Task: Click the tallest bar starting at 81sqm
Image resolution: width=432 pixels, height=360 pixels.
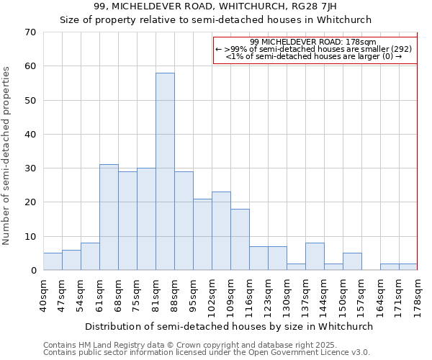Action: [x=165, y=171]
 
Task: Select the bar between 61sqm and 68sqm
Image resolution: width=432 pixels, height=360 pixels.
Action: [x=109, y=217]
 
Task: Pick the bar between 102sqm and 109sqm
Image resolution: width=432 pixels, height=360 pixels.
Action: [x=221, y=231]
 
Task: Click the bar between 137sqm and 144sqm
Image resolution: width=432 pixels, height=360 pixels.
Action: [x=315, y=256]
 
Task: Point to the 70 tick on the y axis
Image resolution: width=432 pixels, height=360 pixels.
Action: [x=30, y=32]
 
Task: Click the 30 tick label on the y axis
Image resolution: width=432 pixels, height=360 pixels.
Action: [x=30, y=168]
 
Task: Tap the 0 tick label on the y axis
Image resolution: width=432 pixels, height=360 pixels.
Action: [x=32, y=271]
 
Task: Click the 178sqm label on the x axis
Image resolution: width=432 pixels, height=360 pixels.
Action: [x=418, y=295]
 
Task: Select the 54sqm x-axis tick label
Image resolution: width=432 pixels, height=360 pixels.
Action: [x=81, y=293]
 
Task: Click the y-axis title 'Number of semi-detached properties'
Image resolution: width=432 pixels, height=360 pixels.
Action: [x=7, y=156]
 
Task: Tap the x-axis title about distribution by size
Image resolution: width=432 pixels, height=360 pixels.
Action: [x=230, y=326]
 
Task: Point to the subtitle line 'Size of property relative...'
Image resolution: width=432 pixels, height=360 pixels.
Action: [x=215, y=19]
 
